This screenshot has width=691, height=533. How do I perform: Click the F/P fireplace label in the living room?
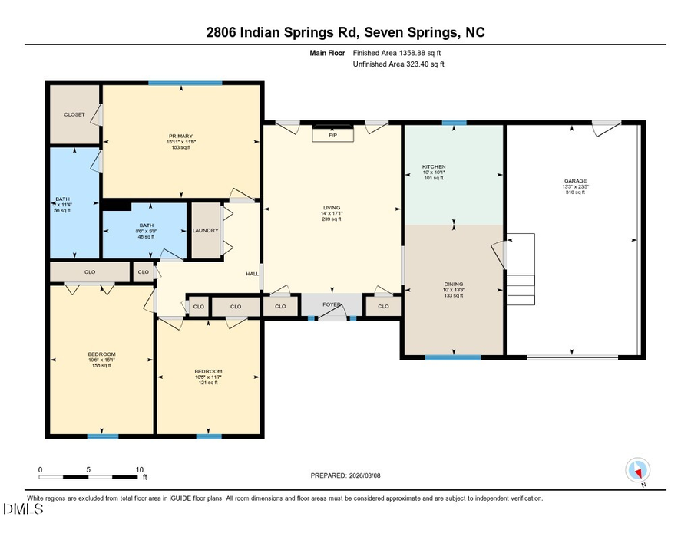(332, 135)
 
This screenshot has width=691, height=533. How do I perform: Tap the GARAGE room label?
(575, 181)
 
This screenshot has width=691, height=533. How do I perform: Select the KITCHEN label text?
(434, 166)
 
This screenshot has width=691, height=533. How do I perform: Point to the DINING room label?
(453, 284)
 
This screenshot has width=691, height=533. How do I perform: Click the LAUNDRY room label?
(206, 230)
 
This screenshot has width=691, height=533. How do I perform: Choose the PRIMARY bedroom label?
(181, 136)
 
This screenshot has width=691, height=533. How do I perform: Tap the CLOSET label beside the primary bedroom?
(74, 114)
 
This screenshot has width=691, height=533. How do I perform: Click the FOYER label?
(331, 304)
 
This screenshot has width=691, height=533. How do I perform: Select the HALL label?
(252, 274)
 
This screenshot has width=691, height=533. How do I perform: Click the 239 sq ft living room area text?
(332, 219)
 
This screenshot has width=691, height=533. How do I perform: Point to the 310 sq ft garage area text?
(575, 192)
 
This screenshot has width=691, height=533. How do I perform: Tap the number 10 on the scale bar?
(140, 469)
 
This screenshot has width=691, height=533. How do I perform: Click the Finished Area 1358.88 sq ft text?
(397, 53)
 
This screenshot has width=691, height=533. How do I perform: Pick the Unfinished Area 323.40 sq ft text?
(398, 64)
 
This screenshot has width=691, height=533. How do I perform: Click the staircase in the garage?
(520, 268)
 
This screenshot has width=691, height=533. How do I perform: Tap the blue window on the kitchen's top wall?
(454, 123)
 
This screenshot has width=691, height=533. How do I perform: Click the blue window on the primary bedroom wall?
(185, 83)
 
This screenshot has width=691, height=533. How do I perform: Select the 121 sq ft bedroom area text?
(208, 383)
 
